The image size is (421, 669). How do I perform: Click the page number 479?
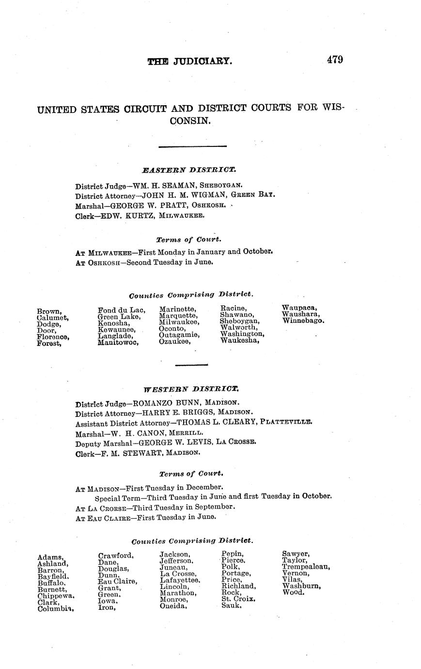coord(335,60)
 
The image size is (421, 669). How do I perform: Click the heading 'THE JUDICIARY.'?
coord(190,62)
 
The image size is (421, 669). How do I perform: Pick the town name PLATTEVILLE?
coord(286,422)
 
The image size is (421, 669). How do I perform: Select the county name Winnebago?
coord(303,320)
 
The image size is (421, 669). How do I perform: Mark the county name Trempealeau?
coord(306,567)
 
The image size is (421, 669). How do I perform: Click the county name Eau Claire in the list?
coord(117,581)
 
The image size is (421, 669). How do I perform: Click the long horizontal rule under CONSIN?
coord(192,146)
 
